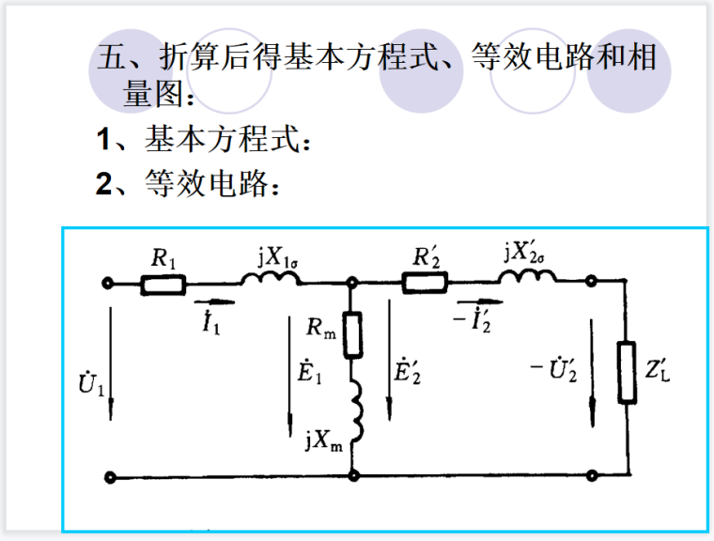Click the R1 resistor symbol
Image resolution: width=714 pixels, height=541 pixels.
coord(163,283)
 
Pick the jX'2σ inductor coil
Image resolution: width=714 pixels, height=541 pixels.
coord(527,277)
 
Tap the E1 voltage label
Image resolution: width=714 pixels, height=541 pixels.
coord(312,370)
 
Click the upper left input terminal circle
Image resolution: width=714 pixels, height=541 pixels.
coord(110,283)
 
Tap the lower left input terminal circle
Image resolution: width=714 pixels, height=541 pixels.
coord(110,476)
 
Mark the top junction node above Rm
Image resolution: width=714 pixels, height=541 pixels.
coord(352,283)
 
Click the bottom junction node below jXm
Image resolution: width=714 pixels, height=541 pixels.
coord(352,476)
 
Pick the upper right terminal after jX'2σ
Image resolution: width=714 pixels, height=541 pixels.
coord(591,282)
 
